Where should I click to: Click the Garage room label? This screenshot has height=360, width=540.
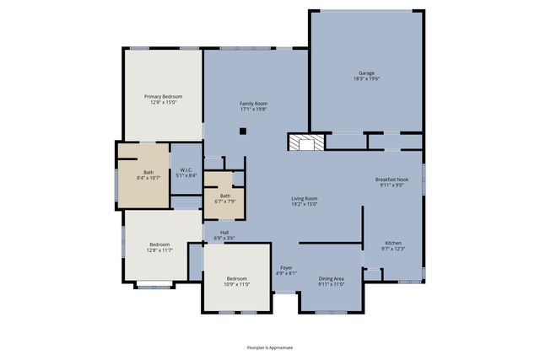(366, 73)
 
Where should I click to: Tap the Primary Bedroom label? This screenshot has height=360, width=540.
(163, 97)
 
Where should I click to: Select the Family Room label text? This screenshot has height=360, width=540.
(253, 104)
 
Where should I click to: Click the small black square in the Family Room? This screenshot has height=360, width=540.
(243, 131)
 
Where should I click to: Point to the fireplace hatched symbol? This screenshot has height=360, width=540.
(305, 142)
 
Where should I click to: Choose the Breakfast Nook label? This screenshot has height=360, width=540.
(392, 180)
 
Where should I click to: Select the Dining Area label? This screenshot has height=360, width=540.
(331, 278)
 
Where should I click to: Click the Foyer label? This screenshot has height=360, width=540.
(287, 268)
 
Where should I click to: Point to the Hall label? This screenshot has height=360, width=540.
(224, 233)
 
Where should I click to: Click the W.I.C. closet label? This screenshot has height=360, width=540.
(186, 170)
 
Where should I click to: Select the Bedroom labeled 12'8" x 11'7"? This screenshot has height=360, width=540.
(159, 244)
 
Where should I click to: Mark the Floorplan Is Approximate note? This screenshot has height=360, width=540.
(269, 347)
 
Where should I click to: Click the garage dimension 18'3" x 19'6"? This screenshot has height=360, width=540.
(366, 79)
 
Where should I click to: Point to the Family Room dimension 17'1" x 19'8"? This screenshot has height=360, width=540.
(253, 109)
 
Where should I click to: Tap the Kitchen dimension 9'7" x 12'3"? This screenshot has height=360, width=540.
(394, 248)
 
